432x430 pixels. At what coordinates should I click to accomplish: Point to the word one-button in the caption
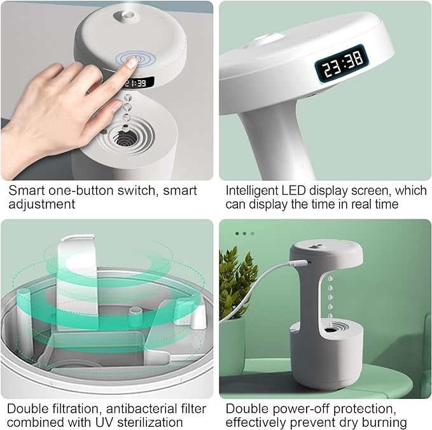82,190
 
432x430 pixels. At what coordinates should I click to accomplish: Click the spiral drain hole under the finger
127,136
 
